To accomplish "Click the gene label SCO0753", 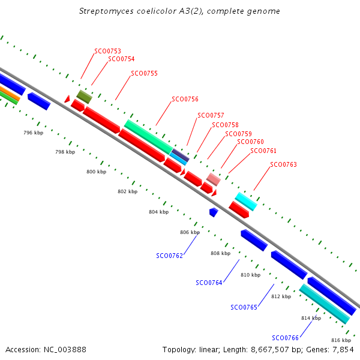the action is tap(107, 51).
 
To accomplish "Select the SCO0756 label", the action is tap(185, 99).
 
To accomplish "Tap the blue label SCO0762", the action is tap(169, 256).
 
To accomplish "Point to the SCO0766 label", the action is tap(285, 338).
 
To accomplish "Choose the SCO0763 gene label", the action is tap(283, 164).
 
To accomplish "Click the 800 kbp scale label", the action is tap(97, 172).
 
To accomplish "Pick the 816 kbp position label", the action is tap(341, 340).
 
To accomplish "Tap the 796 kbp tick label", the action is tap(33, 133).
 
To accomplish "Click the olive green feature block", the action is tap(84, 97).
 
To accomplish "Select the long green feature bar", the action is tap(149, 137).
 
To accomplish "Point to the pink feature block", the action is tap(214, 179).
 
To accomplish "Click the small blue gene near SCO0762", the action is tap(214, 212).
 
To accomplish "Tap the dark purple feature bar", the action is tap(181, 155).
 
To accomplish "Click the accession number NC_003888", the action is tap(65, 350).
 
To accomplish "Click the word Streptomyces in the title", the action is tap(106, 11).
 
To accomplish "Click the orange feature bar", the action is tap(10, 94).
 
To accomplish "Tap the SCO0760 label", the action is tap(250, 142).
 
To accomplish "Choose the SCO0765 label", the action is tap(244, 307).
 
